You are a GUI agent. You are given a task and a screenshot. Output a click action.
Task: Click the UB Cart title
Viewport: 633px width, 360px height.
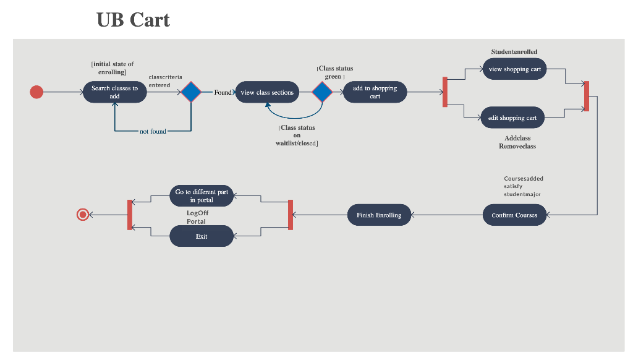(x=134, y=20)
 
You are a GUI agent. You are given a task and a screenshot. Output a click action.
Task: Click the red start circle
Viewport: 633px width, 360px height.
(x=37, y=92)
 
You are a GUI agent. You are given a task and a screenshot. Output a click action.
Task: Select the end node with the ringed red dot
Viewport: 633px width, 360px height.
(x=83, y=215)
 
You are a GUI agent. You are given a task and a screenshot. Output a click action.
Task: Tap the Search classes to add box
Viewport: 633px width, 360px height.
(x=114, y=92)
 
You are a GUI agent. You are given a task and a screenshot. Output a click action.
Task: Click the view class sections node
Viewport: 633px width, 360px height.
(x=267, y=92)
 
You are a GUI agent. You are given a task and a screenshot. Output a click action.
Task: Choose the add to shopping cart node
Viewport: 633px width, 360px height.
(x=375, y=92)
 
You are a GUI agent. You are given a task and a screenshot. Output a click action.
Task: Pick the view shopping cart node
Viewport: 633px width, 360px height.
(x=514, y=69)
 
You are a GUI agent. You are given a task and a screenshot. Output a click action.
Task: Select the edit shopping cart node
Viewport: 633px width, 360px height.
(x=512, y=118)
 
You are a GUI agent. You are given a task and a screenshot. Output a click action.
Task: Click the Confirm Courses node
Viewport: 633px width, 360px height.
(x=514, y=215)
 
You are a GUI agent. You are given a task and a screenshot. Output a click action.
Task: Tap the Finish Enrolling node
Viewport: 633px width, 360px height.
(x=379, y=215)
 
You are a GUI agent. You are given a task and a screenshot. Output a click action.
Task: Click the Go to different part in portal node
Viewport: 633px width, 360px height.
(x=202, y=196)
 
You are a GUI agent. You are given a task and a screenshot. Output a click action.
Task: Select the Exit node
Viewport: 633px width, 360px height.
(x=202, y=236)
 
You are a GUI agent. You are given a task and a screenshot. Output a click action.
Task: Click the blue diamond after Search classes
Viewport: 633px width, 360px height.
(x=191, y=92)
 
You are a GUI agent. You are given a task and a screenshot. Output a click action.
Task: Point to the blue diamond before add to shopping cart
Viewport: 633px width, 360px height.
(x=322, y=92)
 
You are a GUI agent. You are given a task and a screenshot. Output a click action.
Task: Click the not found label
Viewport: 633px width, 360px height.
(x=153, y=131)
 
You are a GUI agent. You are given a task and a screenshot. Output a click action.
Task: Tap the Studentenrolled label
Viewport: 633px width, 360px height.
(x=514, y=52)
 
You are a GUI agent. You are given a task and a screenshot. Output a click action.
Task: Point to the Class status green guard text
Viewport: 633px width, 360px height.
(x=335, y=72)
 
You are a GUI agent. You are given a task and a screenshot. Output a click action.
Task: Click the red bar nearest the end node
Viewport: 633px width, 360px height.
(x=130, y=215)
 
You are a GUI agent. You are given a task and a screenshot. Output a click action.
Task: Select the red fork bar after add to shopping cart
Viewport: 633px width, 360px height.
(x=444, y=92)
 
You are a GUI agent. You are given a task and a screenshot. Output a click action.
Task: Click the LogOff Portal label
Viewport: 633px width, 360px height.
(x=197, y=217)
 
